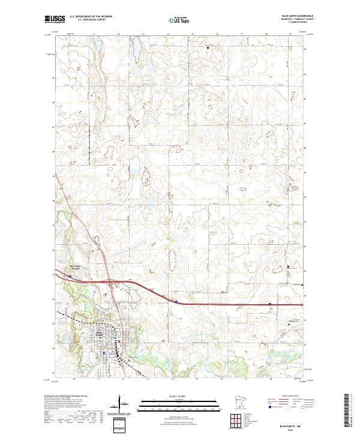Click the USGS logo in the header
[54, 19]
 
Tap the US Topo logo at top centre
[180, 20]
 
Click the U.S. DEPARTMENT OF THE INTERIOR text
[91, 17]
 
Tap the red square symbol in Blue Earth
[119, 343]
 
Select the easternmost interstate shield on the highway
[269, 304]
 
